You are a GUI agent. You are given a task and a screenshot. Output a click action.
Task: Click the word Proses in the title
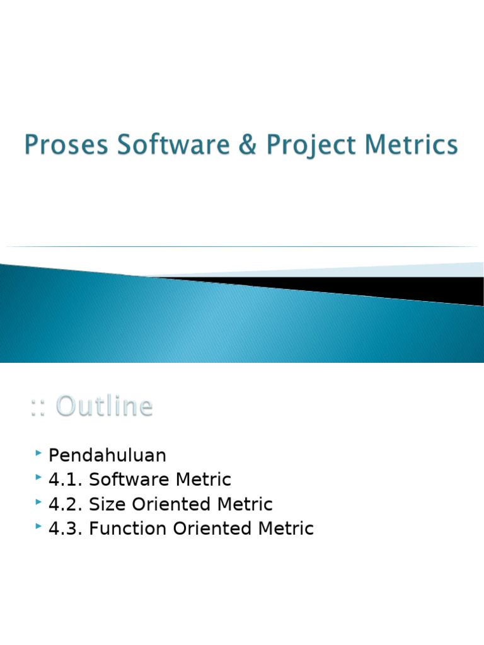tap(59, 146)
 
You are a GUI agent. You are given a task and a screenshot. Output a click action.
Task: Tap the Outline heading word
tap(104, 406)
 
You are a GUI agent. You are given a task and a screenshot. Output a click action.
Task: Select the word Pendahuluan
tap(107, 455)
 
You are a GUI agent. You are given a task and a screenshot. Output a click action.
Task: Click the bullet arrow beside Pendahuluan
tap(39, 454)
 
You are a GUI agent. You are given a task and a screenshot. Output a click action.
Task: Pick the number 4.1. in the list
tap(66, 480)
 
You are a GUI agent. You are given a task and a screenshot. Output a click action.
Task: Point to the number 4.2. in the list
tap(66, 505)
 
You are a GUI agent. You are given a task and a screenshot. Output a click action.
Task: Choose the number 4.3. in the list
tap(66, 529)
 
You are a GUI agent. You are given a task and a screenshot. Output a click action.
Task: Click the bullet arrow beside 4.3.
tap(39, 527)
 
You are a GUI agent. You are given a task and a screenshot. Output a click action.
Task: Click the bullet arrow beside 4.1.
tap(39, 478)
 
